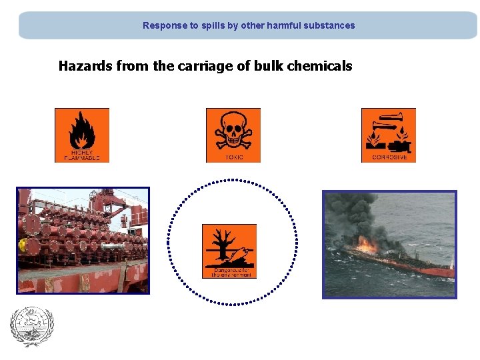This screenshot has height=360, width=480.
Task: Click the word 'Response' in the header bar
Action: (x=164, y=26)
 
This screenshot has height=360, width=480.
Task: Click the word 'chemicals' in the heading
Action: (x=319, y=66)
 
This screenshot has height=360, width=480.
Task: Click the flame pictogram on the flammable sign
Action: (x=81, y=129)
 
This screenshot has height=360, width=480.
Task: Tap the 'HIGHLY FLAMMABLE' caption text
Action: (x=81, y=155)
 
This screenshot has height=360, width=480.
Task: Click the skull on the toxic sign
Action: (x=233, y=131)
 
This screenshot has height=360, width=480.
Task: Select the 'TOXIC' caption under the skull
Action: (x=234, y=158)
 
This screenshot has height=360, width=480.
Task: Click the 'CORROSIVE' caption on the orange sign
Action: (x=389, y=158)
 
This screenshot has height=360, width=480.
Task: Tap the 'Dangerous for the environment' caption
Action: (x=229, y=271)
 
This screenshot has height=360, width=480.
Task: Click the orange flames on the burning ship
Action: (x=365, y=245)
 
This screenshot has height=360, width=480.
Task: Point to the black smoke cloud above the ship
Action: (x=353, y=213)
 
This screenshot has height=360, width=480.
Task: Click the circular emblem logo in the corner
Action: (x=31, y=327)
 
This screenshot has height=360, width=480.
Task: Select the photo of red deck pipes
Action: (x=83, y=240)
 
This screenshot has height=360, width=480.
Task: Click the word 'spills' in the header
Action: (x=215, y=26)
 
